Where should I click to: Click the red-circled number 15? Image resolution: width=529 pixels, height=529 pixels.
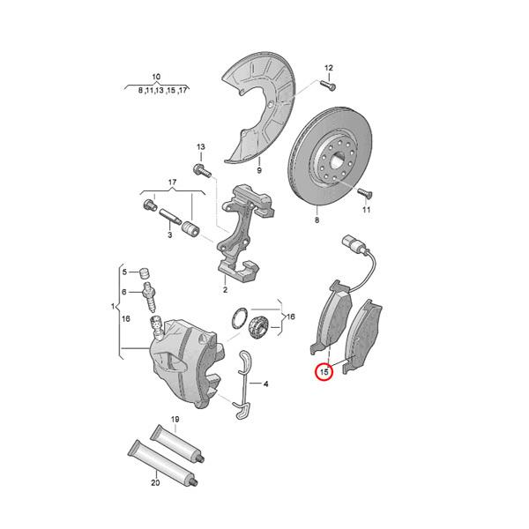click(324, 373)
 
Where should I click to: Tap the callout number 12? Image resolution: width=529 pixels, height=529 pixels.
click(329, 68)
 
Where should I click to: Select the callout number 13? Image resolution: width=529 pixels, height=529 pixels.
click(200, 146)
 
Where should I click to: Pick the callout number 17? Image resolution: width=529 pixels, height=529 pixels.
click(173, 183)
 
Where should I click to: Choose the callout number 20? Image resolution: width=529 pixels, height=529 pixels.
click(154, 482)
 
